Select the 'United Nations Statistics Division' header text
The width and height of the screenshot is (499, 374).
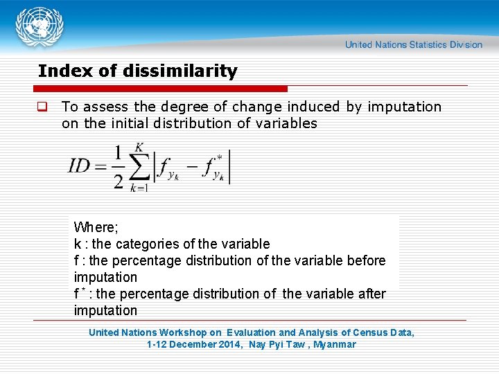[414, 45]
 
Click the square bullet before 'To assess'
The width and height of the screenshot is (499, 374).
[42, 107]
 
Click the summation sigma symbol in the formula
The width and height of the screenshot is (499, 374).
[139, 167]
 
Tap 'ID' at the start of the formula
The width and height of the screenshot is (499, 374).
[79, 166]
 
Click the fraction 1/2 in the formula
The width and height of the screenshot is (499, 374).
[118, 166]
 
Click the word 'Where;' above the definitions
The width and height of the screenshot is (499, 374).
[96, 227]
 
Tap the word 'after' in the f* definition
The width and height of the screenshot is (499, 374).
[370, 294]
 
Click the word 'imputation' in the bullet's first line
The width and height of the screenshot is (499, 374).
[404, 107]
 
